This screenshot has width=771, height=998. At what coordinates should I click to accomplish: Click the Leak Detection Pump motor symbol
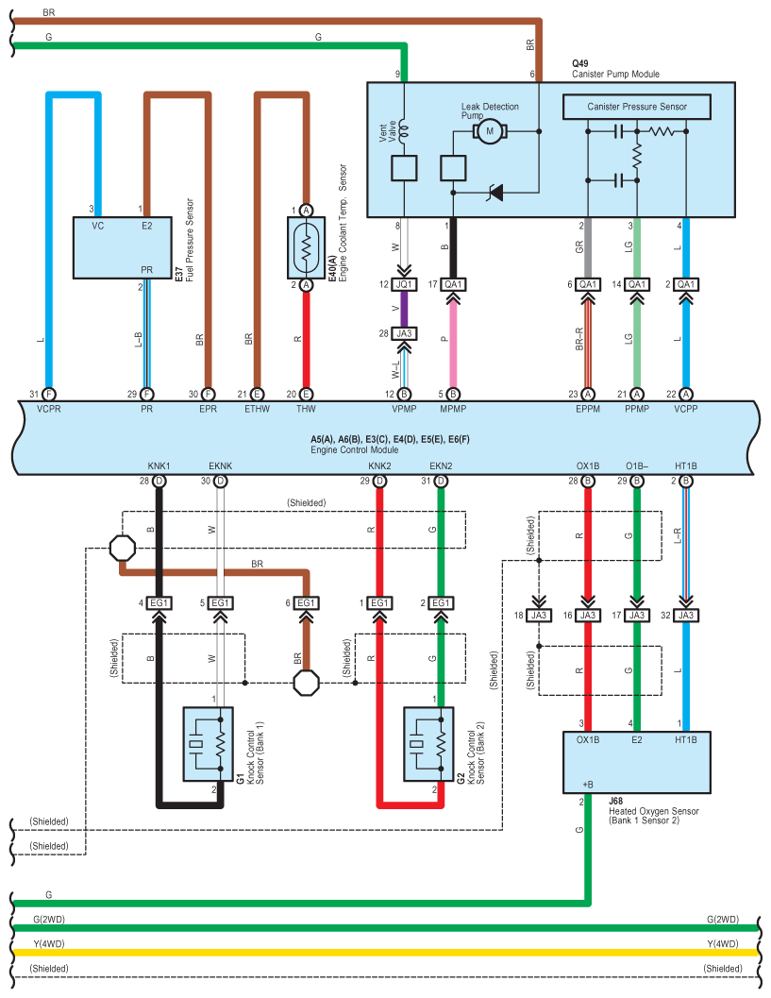pos(491,131)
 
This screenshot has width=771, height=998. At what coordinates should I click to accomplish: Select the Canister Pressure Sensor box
pos(637,107)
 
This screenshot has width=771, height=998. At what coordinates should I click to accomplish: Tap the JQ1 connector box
pos(404,284)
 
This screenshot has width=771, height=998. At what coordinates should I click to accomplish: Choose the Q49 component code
pos(580,62)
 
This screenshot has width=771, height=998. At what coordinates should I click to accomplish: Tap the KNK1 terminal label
pos(159,465)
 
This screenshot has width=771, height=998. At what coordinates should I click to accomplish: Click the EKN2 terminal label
pos(440,465)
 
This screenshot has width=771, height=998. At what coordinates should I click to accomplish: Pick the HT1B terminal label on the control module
pos(686,465)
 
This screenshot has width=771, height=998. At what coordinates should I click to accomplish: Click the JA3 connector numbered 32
pos(686,615)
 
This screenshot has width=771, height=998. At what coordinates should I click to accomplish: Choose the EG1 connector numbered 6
pos(306,602)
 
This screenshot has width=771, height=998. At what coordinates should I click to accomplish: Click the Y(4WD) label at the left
pos(48,942)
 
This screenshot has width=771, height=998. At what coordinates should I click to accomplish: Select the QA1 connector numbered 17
pos(453,284)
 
